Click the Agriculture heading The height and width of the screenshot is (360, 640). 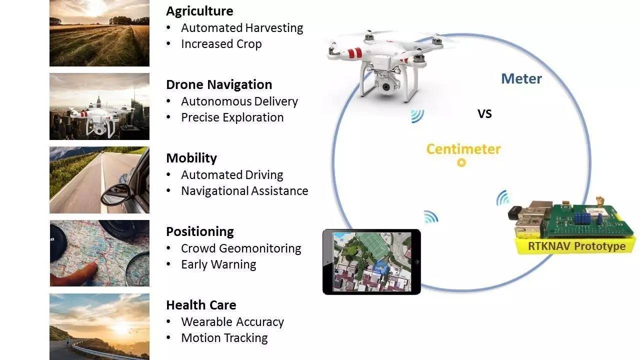(x=199, y=11)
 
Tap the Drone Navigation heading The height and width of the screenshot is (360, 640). (x=219, y=84)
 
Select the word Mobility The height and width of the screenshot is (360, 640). (x=191, y=158)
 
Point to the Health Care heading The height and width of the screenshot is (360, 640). (x=201, y=305)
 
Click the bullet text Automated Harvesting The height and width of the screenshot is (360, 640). (x=242, y=28)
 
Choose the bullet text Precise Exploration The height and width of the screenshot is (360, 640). (x=232, y=117)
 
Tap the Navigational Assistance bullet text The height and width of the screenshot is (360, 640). (x=244, y=191)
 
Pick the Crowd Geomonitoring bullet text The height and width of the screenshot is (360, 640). (x=241, y=248)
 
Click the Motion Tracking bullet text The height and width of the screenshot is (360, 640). (x=224, y=338)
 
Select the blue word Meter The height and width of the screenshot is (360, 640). (x=521, y=78)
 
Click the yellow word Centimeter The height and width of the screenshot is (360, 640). (x=463, y=149)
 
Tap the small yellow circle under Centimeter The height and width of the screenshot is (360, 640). (x=461, y=162)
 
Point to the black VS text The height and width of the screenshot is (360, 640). (x=484, y=114)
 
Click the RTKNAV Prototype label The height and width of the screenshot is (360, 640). (x=576, y=246)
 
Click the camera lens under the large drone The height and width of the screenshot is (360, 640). (x=386, y=87)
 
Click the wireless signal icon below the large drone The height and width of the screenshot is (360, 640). (x=417, y=116)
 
